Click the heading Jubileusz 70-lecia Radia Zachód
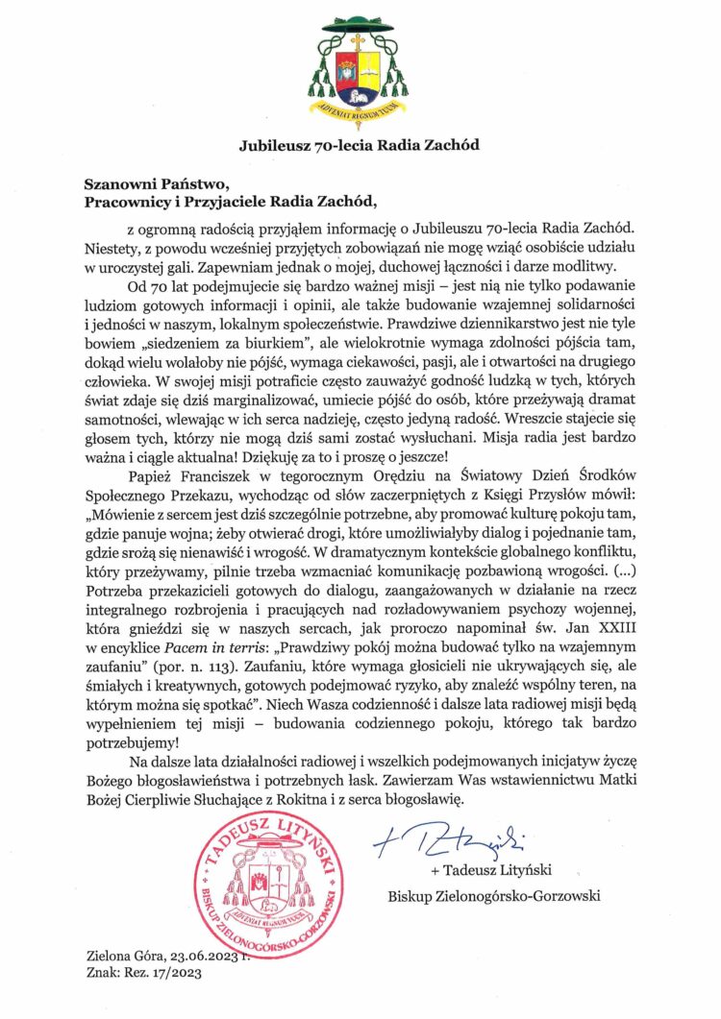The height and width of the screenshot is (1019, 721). click(360, 146)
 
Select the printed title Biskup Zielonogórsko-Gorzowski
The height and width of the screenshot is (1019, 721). click(494, 897)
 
